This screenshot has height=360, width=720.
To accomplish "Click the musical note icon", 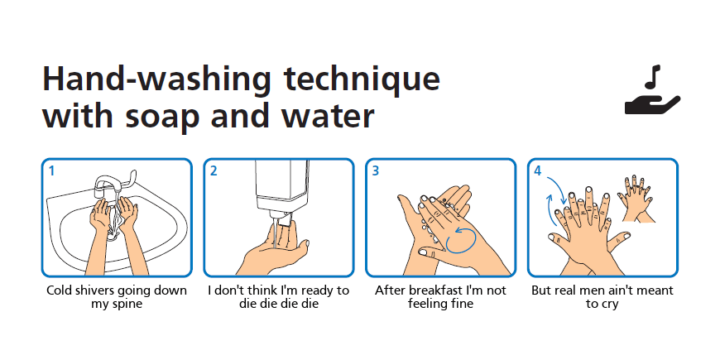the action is point(652,77).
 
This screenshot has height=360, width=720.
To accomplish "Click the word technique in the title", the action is point(362,79).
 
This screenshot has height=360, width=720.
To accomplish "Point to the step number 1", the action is point(52,170).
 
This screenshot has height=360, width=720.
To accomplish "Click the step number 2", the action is point(214,170).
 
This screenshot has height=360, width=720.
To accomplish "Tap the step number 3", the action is point(376,170).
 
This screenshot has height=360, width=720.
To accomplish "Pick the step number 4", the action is point(538,170).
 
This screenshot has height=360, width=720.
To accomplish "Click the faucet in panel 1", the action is point(115,183).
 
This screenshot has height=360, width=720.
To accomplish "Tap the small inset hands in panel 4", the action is point(636,199).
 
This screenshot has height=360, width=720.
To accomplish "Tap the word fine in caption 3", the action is point(462,304).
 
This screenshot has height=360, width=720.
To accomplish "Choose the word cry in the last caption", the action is point(610,305).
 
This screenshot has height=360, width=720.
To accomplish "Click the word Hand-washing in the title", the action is point(156,79).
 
